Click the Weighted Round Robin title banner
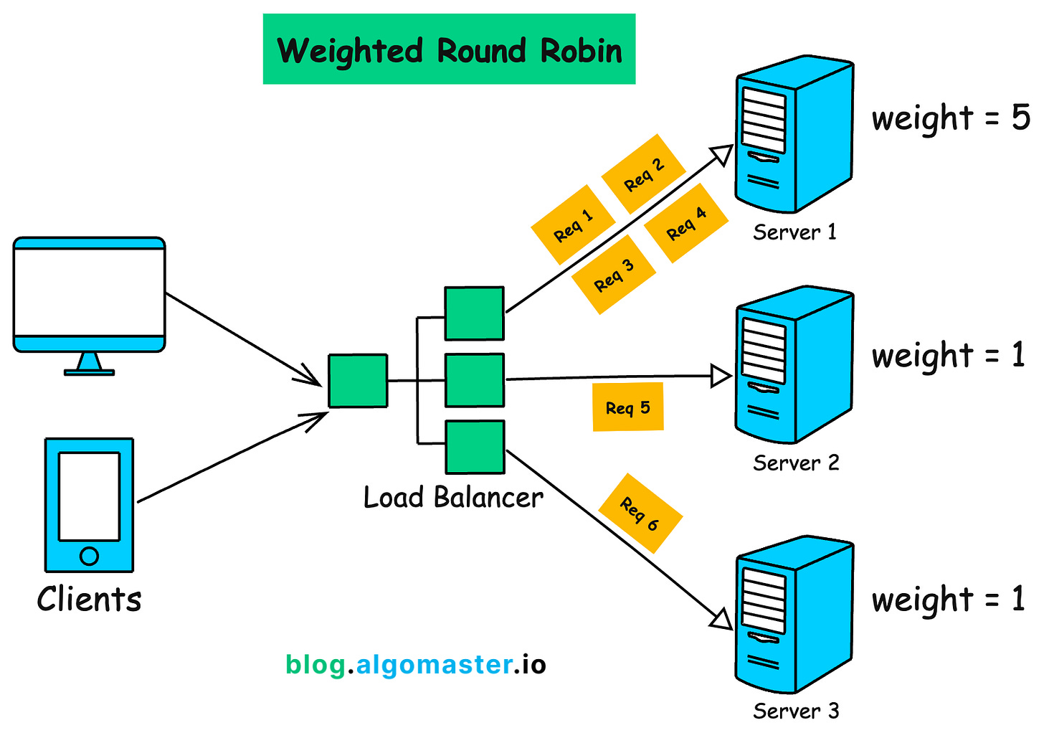449,49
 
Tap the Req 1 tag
573,225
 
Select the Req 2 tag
643,174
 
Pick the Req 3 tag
614,275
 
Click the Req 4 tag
686,223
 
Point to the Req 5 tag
627,407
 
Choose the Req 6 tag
640,514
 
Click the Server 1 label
794,232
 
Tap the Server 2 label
795,463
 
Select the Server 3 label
795,711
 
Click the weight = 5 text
950,118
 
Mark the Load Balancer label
452,498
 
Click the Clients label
89,600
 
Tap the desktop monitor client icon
89,302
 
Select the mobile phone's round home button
89,556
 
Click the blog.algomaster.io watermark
416,665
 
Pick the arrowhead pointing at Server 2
721,376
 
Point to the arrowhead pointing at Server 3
721,618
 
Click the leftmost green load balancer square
358,381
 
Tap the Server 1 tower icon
794,136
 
